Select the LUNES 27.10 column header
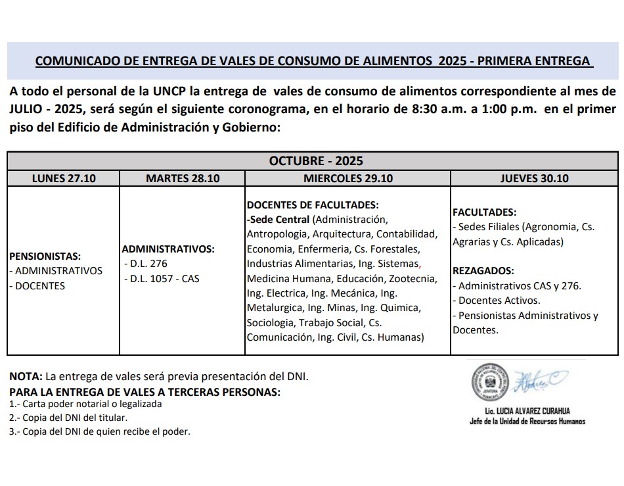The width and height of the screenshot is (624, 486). [63, 178]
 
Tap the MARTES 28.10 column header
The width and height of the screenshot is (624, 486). [183, 178]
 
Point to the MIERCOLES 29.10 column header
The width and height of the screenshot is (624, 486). [348, 178]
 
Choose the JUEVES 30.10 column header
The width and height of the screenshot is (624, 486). [534, 178]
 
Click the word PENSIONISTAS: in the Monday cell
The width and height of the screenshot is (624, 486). [45, 256]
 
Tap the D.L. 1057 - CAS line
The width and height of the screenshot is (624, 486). [162, 278]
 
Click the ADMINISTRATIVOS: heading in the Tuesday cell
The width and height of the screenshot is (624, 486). [168, 249]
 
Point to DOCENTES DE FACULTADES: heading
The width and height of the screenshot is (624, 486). [313, 205]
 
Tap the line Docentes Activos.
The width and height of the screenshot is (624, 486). [497, 300]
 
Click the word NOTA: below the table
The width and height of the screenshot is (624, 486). [25, 377]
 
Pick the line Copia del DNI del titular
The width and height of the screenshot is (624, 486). [68, 418]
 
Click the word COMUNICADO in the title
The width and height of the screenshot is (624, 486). [73, 61]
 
